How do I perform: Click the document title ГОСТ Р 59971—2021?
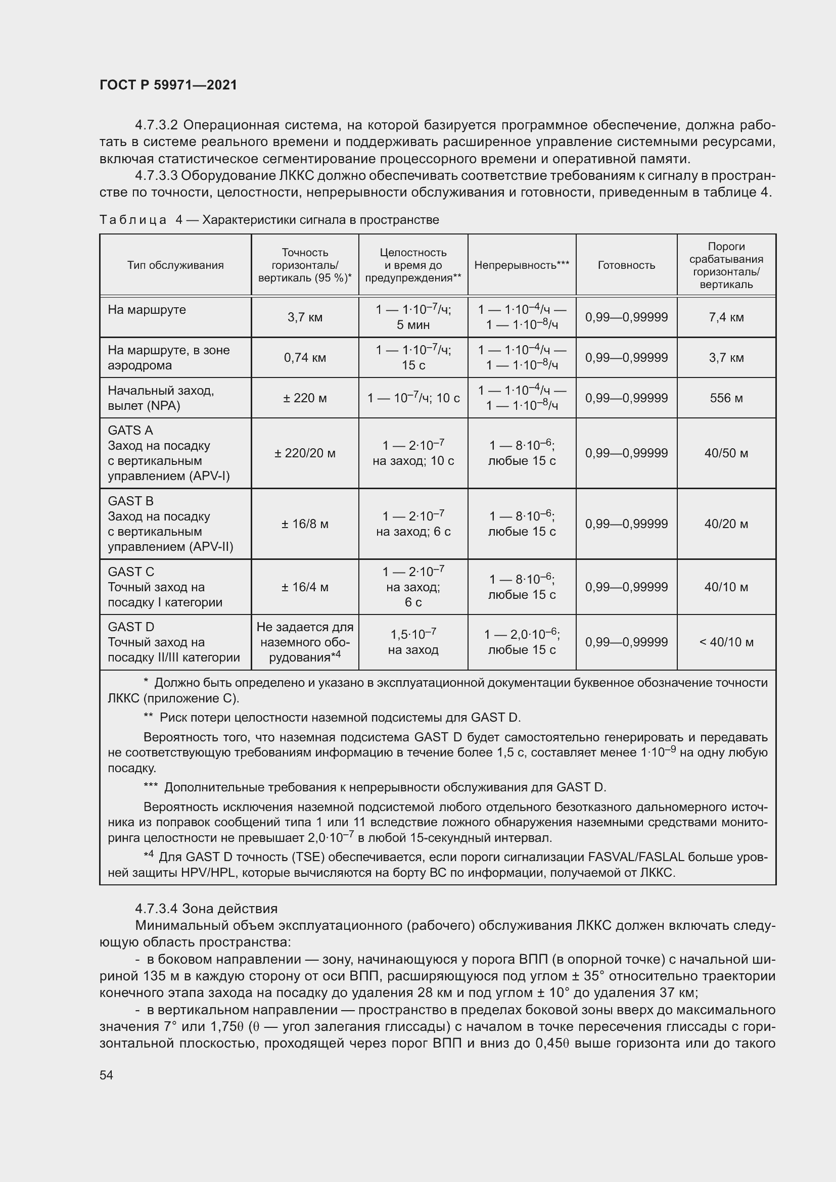pos(168,85)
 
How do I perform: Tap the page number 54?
pos(106,1075)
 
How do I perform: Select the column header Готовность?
pos(626,265)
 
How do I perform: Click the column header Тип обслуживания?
pos(175,265)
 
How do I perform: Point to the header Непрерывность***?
pos(522,265)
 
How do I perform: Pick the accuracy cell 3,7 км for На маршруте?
pos(305,317)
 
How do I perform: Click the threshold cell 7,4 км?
pos(726,317)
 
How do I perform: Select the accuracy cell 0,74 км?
pos(305,357)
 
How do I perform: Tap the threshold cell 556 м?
pos(726,398)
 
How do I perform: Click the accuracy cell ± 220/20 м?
pos(305,453)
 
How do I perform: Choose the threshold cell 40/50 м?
pos(726,453)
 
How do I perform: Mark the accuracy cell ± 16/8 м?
pos(305,524)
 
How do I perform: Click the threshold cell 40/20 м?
pos(726,524)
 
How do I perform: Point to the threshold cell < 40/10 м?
pos(726,642)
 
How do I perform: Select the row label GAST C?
pos(131,572)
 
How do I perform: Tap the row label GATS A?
pos(130,431)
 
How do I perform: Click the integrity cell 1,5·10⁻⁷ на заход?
pos(413,641)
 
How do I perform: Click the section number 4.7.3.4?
pos(156,909)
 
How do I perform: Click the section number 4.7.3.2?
pos(156,125)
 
